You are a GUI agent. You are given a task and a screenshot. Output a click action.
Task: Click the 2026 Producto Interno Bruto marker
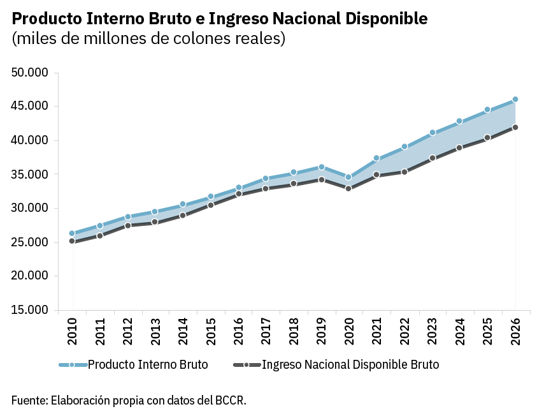point(515,100)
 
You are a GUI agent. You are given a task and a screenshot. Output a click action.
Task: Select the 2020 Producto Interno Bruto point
point(348,177)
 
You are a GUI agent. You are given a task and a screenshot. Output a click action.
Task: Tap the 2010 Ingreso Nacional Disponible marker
point(72,241)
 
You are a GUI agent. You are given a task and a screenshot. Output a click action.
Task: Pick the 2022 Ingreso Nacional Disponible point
point(404,172)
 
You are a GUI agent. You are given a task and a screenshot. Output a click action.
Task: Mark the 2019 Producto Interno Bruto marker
point(321,167)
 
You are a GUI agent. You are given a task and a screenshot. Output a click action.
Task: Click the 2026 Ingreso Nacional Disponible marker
point(515,127)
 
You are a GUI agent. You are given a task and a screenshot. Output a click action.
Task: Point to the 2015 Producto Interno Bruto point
point(210,197)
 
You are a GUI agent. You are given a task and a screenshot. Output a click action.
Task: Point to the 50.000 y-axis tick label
point(30,73)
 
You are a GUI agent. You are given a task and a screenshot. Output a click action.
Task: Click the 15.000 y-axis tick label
point(30,310)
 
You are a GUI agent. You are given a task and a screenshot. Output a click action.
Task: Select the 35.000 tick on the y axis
point(30,174)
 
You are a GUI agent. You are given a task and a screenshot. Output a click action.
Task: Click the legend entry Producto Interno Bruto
point(148,364)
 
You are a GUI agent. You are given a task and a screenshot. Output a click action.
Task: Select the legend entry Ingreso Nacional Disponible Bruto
point(350,364)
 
